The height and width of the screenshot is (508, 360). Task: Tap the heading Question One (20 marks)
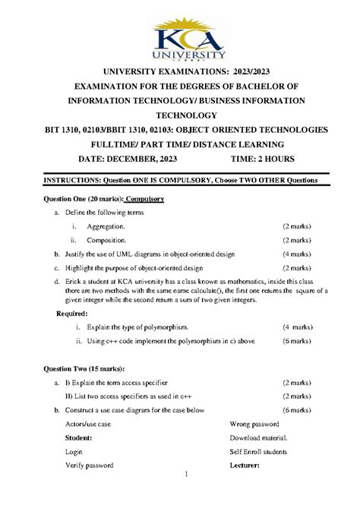(x=78, y=199)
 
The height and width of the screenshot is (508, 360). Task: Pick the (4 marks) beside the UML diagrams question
(x=296, y=254)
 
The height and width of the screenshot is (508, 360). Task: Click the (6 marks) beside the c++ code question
(x=296, y=341)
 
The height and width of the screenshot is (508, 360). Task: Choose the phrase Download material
(x=259, y=437)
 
